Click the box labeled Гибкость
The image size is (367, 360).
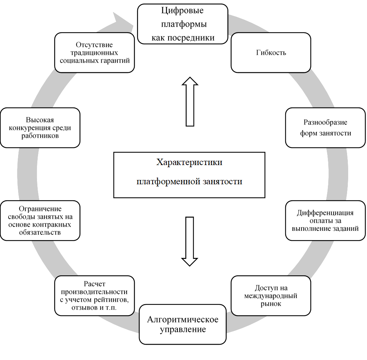click(271, 53)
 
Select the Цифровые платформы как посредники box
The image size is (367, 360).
click(183, 24)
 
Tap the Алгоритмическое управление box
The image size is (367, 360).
click(183, 324)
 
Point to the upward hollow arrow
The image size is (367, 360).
click(190, 101)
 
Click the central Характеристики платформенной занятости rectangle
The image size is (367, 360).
click(189, 175)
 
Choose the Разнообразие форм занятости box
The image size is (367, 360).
click(325, 128)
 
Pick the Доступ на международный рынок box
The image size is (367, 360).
click(271, 296)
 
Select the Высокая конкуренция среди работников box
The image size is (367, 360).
click(40, 128)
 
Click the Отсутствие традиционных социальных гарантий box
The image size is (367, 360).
click(95, 53)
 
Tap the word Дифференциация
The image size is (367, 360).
click(325, 213)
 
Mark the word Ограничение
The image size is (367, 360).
click(40, 209)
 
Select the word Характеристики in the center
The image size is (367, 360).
click(189, 163)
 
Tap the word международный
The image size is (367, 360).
click(271, 296)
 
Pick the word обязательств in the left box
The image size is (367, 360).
click(40, 232)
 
